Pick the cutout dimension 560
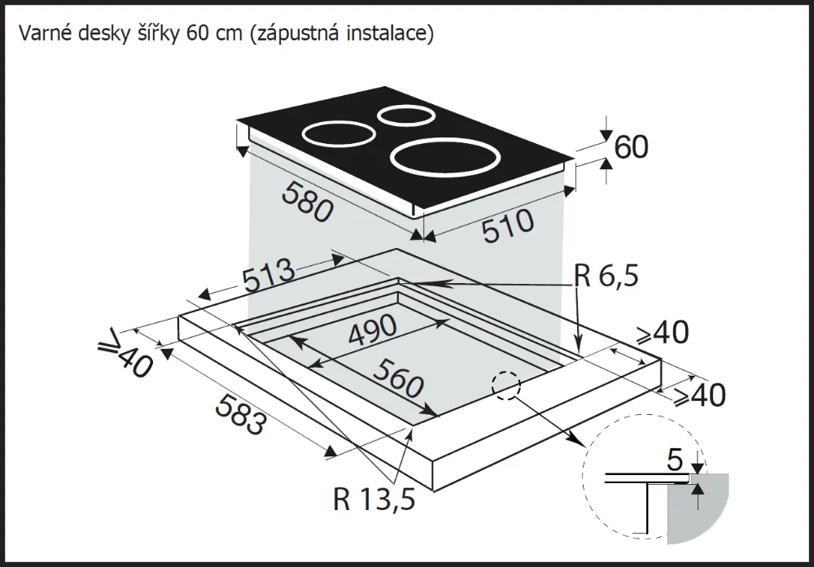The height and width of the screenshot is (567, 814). point(398,378)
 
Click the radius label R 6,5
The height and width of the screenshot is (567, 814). point(606,277)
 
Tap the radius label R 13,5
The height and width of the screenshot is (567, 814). point(374,498)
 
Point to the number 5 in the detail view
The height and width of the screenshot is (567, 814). point(674,460)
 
